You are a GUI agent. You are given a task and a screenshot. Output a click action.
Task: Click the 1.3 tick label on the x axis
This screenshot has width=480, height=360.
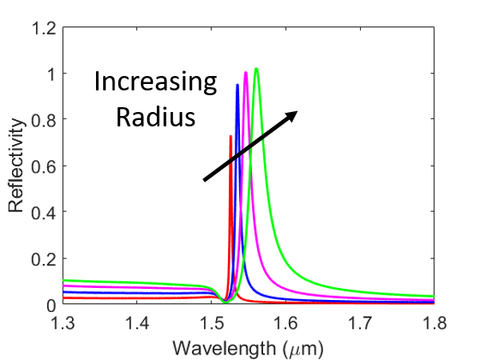click(63, 323)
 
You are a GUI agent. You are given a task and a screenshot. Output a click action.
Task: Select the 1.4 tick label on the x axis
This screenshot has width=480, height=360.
click(137, 323)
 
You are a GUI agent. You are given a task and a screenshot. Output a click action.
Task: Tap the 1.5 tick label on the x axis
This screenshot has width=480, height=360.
click(211, 323)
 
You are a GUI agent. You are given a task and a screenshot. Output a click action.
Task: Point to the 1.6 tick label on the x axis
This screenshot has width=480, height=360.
click(286, 323)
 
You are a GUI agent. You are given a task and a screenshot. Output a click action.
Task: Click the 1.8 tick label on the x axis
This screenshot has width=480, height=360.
click(434, 323)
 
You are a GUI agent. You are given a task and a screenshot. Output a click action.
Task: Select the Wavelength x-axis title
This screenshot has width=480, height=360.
click(248, 348)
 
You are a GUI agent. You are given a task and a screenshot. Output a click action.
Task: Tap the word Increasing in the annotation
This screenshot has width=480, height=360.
click(155, 82)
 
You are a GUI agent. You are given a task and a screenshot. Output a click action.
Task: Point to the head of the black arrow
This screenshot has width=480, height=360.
click(295, 113)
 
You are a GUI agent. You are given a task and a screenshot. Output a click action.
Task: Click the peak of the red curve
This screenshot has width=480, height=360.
click(230, 137)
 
